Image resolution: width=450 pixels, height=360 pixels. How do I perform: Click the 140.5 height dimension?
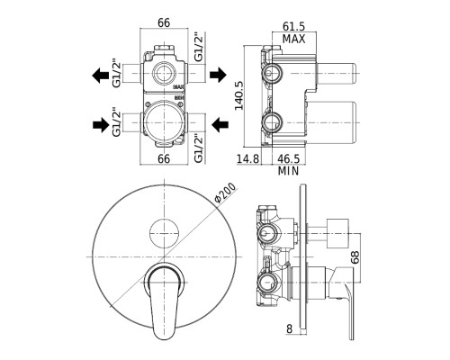[239, 95]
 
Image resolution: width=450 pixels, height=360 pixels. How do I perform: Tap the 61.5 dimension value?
[293, 26]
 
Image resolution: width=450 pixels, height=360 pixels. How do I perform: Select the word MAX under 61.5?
[293, 39]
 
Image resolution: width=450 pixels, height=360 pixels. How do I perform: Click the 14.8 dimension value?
[248, 158]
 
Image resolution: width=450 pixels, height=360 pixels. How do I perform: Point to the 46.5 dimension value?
[288, 158]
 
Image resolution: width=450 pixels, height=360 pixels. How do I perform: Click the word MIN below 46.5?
[288, 171]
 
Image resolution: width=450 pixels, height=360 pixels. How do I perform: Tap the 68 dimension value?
[355, 257]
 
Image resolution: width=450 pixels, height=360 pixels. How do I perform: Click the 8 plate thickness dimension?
[289, 328]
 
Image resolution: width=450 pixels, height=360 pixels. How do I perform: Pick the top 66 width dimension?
[164, 22]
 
